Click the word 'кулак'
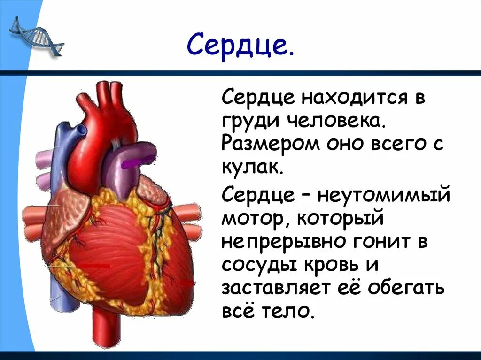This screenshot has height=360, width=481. pyautogui.click(x=252, y=167)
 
